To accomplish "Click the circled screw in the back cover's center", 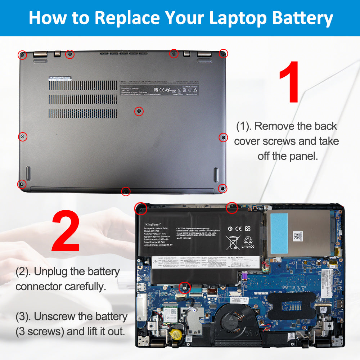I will [x=139, y=111].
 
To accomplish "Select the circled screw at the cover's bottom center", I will [x=126, y=191].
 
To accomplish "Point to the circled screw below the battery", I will [x=184, y=287].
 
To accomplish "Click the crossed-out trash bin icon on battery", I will [x=232, y=242].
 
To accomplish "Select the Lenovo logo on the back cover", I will [x=123, y=82].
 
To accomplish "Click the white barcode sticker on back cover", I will [x=60, y=78].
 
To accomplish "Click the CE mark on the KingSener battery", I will [x=238, y=228].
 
